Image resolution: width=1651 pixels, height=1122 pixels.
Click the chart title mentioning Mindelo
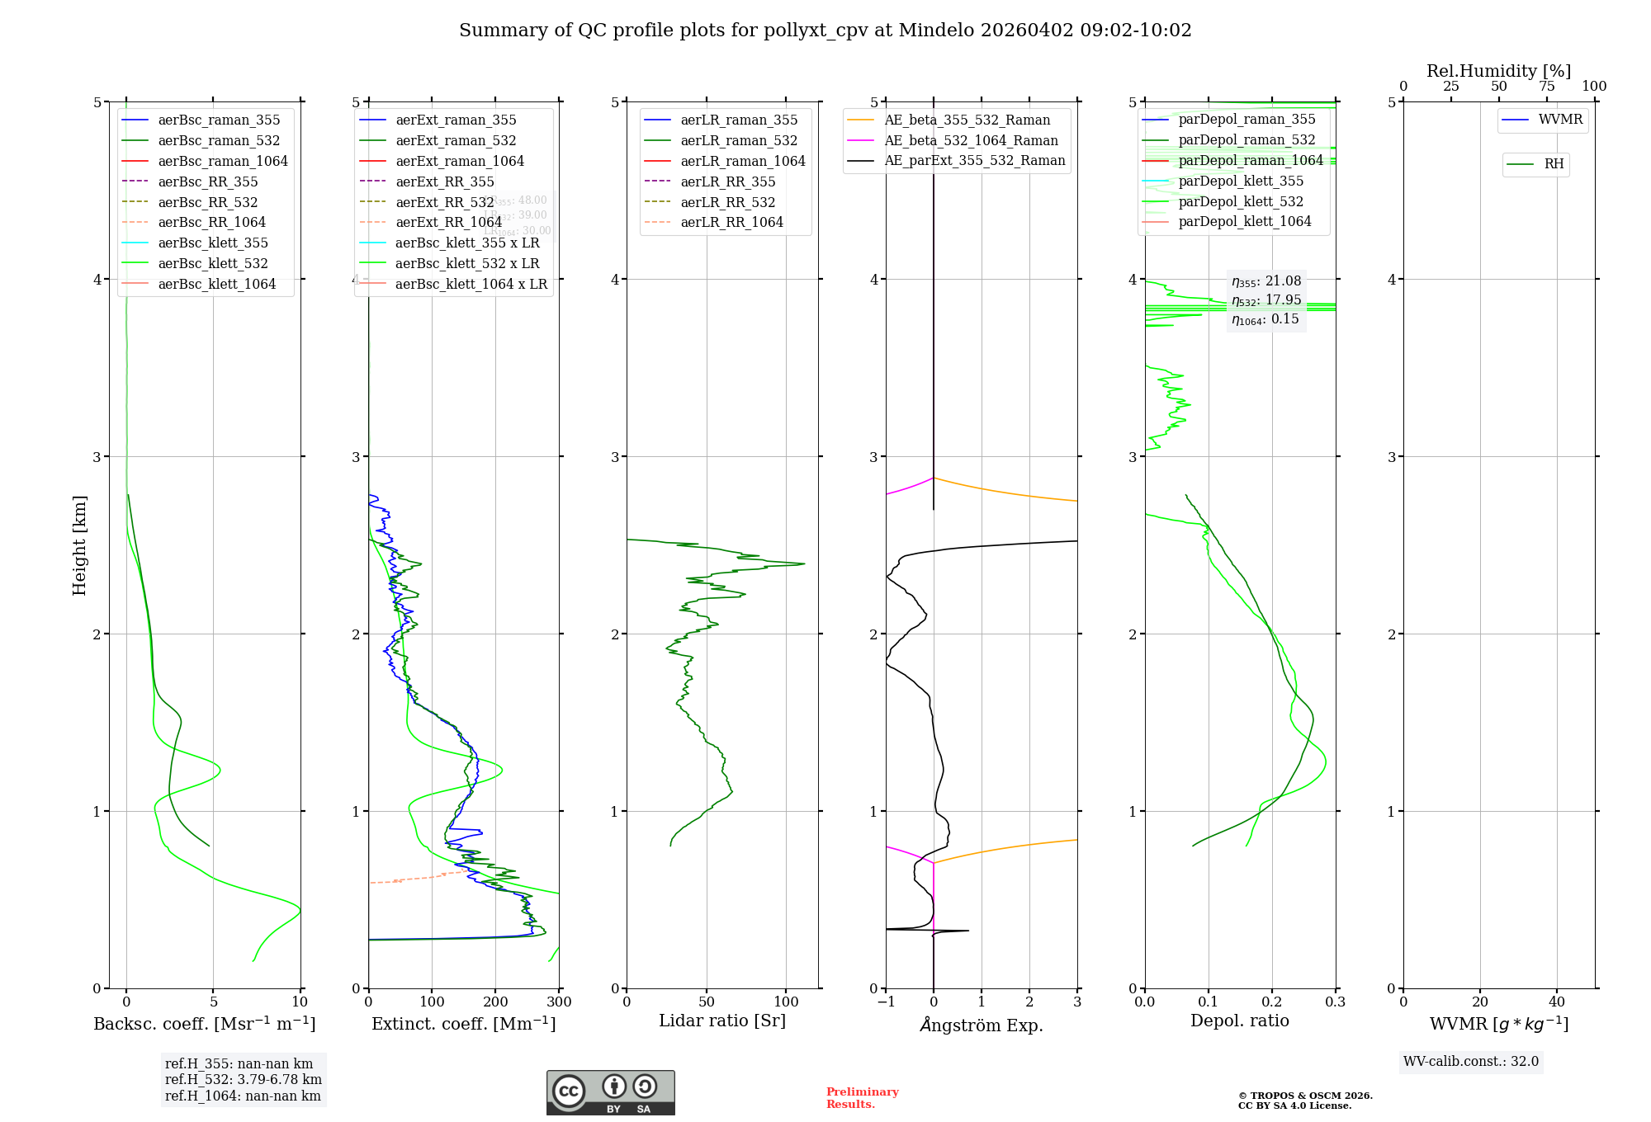coord(825,31)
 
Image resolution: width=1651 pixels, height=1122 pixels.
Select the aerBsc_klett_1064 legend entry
coord(217,284)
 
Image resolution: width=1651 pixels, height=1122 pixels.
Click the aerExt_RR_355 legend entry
coord(445,181)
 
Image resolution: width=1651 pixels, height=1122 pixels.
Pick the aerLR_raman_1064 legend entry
coord(742,161)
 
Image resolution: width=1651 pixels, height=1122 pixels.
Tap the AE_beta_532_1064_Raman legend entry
coord(971,140)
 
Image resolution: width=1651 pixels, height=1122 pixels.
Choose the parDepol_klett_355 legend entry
coord(1241,181)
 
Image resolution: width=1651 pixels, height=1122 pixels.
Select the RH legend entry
coord(1554,164)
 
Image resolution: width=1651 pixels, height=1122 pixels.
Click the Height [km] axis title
coord(79,545)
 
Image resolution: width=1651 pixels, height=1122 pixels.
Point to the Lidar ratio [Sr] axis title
coord(722,1021)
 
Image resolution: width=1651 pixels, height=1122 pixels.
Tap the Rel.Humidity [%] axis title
coord(1498,71)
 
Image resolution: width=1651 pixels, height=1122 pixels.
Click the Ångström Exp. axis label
coord(982,1025)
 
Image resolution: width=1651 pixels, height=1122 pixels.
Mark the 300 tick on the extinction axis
coord(559,1002)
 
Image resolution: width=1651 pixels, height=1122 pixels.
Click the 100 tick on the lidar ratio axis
coord(787,1002)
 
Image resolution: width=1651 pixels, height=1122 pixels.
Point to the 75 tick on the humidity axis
coord(1546,87)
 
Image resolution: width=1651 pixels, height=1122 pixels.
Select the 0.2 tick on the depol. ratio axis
coord(1272,1002)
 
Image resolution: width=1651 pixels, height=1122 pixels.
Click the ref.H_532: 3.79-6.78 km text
coord(244,1080)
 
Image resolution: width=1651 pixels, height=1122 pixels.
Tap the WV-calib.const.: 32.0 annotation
coord(1471,1062)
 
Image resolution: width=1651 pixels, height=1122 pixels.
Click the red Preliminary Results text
coord(862,1098)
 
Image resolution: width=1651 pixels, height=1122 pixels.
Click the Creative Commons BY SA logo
coord(610,1093)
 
